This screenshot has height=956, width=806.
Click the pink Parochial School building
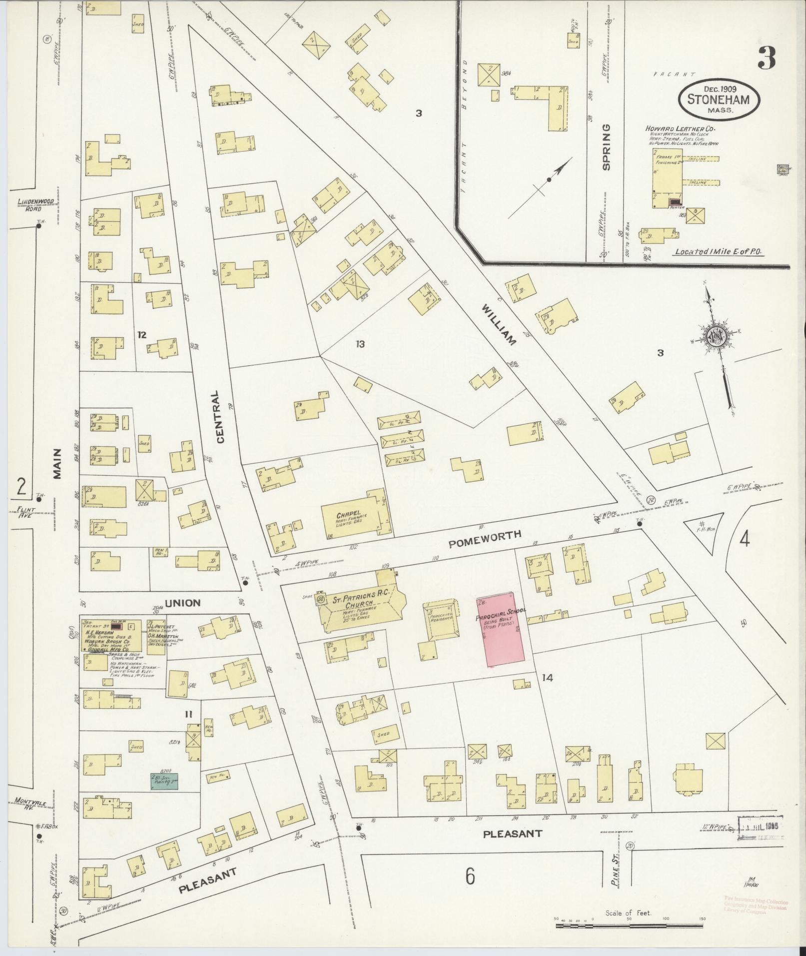tap(501, 630)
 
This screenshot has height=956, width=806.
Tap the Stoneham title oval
tap(719, 99)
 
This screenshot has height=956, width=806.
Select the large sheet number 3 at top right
tap(766, 58)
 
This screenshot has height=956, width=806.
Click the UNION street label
tap(182, 603)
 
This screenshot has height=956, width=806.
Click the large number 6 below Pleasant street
tap(469, 876)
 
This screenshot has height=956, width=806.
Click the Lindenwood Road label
tap(36, 205)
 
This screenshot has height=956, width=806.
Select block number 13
tap(360, 344)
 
